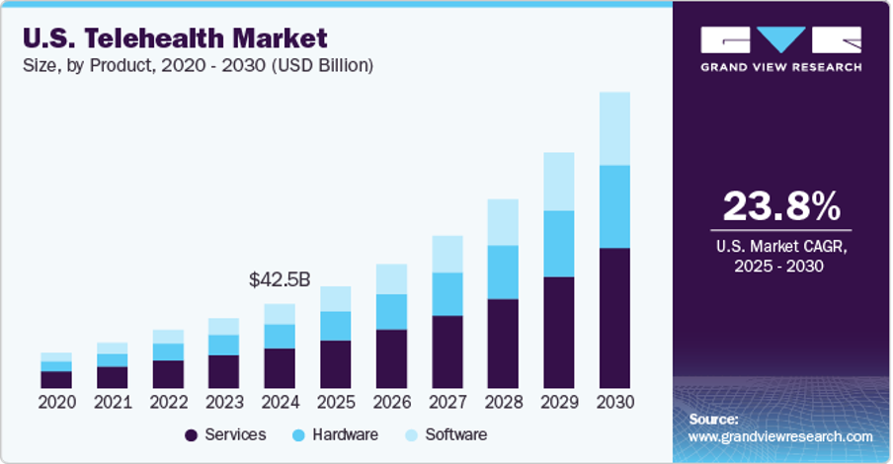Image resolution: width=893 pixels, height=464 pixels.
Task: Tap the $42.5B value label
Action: click(280, 280)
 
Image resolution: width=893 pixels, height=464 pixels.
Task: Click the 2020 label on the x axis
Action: click(56, 403)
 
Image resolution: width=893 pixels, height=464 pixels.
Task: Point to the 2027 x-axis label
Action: click(447, 403)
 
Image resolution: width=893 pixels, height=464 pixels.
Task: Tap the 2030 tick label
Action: click(614, 403)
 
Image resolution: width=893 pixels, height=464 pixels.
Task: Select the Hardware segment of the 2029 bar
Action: click(559, 243)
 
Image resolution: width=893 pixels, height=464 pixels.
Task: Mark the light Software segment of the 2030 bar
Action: click(614, 128)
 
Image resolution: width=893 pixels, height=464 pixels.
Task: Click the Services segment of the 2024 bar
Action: click(280, 368)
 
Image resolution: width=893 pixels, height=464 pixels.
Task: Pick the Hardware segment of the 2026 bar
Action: click(391, 311)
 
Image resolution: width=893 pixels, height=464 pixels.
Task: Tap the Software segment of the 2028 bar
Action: click(503, 222)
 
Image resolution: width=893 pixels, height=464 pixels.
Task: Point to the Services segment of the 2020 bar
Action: click(56, 379)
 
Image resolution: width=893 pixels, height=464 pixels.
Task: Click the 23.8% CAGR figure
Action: click(781, 206)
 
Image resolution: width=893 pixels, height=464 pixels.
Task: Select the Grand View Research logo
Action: click(780, 46)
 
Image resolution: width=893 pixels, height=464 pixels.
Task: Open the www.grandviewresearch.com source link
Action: click(779, 435)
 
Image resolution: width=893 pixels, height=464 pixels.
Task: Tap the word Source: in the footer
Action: click(713, 419)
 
